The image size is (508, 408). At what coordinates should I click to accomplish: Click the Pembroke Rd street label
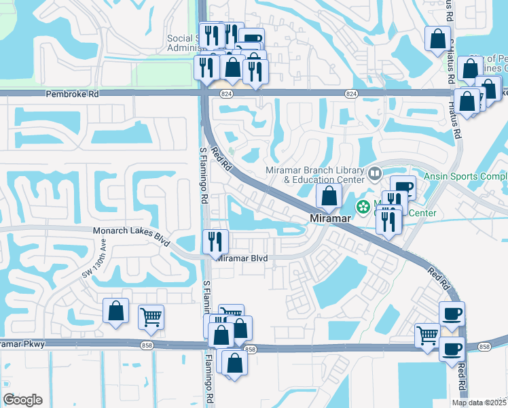pyautogui.click(x=71, y=95)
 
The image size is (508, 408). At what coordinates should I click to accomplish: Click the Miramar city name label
pyautogui.click(x=329, y=219)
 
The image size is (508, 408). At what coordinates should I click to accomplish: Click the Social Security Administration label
pyautogui.click(x=183, y=43)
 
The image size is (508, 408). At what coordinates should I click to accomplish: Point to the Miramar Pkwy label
pyautogui.click(x=23, y=344)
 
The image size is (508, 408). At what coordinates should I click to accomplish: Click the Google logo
pyautogui.click(x=22, y=400)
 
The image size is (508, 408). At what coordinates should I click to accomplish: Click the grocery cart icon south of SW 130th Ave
pyautogui.click(x=151, y=316)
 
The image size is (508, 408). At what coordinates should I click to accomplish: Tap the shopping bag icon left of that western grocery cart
pyautogui.click(x=115, y=311)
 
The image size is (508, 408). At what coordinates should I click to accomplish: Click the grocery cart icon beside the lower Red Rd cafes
pyautogui.click(x=427, y=335)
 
